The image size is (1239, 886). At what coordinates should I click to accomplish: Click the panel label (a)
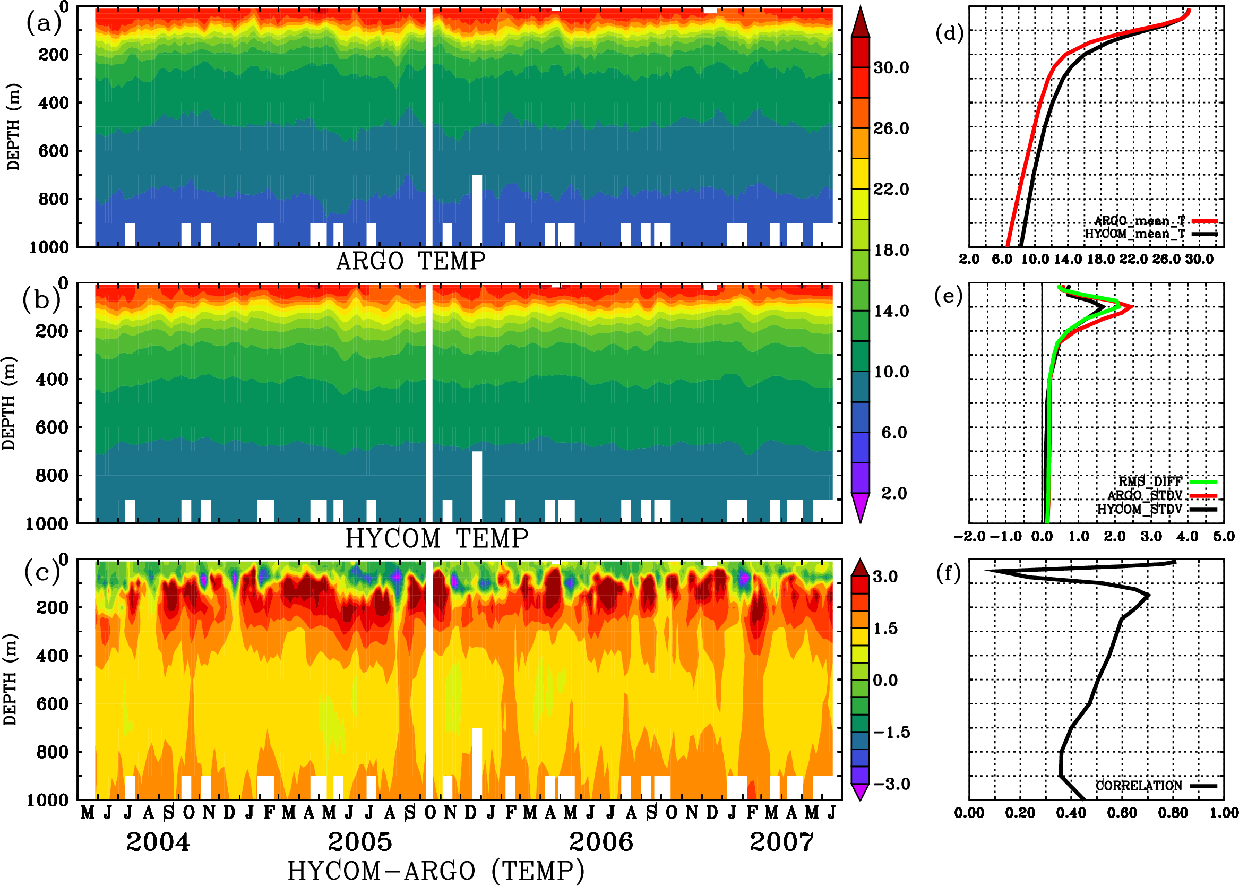[x=44, y=23]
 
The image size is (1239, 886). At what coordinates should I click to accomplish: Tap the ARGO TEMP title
[x=410, y=261]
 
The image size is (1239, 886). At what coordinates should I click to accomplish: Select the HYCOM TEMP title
[x=436, y=538]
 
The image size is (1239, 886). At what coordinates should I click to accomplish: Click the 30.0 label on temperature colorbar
[x=891, y=67]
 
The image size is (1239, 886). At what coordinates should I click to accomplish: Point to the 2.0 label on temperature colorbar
[x=894, y=493]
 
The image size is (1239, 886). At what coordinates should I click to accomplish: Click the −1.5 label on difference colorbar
[x=891, y=732]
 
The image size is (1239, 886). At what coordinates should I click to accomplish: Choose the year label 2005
[x=359, y=842]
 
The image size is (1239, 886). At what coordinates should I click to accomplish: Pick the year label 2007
[x=781, y=842]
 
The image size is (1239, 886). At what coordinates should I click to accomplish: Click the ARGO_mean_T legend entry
[x=1140, y=221]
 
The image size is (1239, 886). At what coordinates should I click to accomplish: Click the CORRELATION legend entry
[x=1139, y=786]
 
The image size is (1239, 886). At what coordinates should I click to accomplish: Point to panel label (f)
[x=948, y=573]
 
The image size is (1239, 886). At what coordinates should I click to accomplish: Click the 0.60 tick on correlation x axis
[x=1122, y=813]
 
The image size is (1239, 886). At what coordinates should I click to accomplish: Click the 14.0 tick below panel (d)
[x=1067, y=259]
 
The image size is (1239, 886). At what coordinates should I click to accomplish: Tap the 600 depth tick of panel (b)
[x=51, y=427]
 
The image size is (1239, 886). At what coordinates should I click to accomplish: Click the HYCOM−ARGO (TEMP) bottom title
[x=435, y=871]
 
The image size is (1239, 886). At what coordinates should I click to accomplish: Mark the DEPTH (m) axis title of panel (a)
[x=14, y=126]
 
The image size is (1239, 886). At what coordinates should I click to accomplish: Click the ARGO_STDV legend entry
[x=1145, y=495]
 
